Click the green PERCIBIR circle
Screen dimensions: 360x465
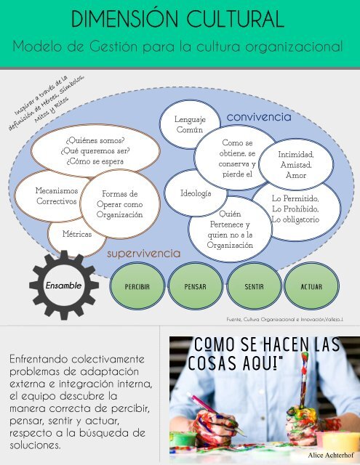tap(137, 286)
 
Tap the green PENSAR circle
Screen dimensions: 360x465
tap(196, 286)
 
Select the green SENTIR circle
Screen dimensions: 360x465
tap(254, 286)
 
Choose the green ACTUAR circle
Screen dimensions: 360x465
tap(311, 286)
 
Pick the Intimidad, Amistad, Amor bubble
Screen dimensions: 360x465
tap(296, 165)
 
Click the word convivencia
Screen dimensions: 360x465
tap(259, 117)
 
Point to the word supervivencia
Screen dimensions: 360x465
tap(144, 254)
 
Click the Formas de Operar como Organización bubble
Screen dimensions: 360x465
tap(120, 204)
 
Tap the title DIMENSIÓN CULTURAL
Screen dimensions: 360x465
tap(177, 19)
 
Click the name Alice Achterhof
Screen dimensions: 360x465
tap(331, 456)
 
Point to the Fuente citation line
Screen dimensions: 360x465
tap(285, 320)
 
